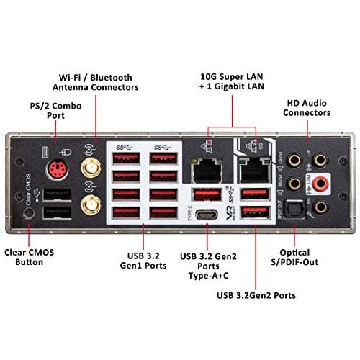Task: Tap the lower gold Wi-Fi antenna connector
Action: click(x=91, y=209)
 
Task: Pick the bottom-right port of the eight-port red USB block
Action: click(x=164, y=212)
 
